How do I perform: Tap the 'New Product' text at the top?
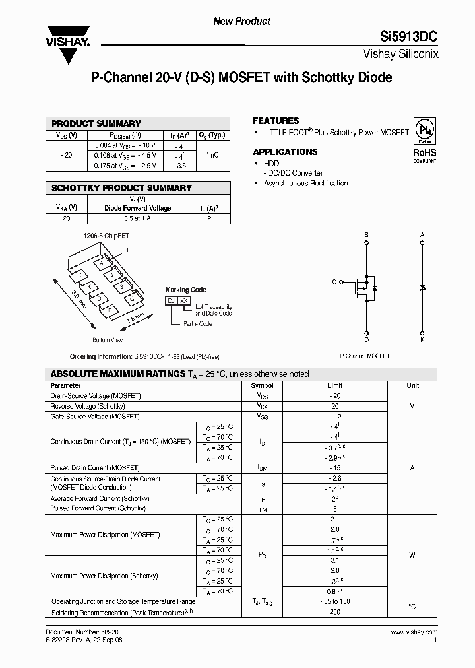(241, 21)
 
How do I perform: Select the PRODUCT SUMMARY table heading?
(96, 123)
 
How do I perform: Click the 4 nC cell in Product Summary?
(211, 155)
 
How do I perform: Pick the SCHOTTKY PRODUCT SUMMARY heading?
(121, 188)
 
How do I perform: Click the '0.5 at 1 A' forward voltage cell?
(137, 218)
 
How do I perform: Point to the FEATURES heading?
(276, 121)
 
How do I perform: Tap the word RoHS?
(424, 152)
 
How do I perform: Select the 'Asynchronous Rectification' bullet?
(305, 183)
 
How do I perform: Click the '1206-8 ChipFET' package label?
(102, 235)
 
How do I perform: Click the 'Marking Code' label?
(185, 290)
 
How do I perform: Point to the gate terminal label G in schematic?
(334, 282)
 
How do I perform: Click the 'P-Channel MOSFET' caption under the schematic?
(365, 356)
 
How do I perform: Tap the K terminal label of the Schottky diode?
(422, 339)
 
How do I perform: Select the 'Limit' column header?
(335, 385)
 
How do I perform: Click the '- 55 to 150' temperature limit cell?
(335, 602)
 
